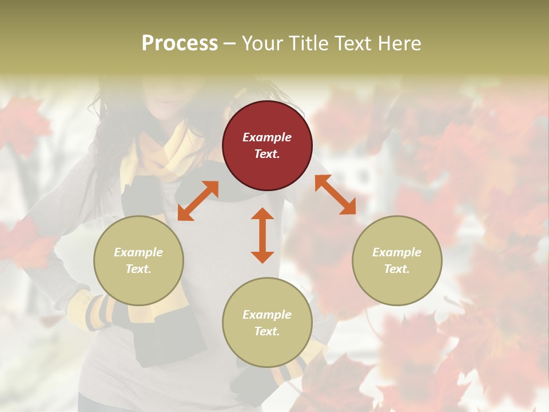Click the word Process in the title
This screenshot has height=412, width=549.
180,43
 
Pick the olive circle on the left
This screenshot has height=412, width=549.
138,260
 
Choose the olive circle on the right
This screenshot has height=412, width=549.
397,260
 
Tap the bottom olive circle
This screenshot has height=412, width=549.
267,322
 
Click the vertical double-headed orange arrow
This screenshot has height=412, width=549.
262,235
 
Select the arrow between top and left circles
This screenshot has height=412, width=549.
198,201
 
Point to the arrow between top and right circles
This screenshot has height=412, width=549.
335,195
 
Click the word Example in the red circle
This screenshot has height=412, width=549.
267,137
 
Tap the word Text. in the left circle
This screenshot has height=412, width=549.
138,269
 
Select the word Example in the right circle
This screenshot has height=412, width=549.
397,252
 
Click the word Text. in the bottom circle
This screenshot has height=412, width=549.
267,331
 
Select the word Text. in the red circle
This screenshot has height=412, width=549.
267,154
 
